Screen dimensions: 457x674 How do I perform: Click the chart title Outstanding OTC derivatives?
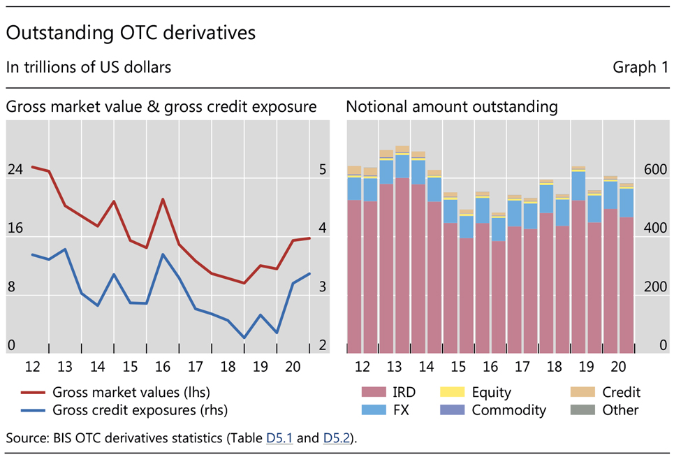click(131, 33)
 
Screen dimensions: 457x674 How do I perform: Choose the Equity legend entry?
click(490, 393)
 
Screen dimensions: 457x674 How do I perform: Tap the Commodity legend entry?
click(508, 410)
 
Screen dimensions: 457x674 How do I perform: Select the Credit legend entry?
click(621, 393)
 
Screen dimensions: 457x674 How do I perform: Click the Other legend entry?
click(620, 410)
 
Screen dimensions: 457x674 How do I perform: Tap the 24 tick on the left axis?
click(15, 169)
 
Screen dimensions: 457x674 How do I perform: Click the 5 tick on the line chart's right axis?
click(323, 169)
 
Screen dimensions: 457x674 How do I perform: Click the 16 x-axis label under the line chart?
click(162, 367)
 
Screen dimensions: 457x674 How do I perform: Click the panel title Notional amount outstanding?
click(452, 107)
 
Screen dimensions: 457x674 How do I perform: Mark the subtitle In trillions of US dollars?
click(89, 67)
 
